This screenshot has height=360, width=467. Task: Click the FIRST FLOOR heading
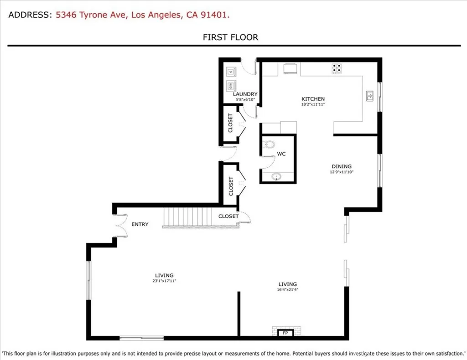(x=230, y=37)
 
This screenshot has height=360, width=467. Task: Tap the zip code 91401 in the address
(x=216, y=15)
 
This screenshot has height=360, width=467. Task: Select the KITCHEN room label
(x=313, y=99)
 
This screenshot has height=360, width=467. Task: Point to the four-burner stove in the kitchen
(x=337, y=69)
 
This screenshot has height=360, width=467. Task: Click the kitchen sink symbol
(x=370, y=96)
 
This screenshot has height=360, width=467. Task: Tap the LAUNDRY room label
(x=245, y=94)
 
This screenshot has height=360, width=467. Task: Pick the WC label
(x=281, y=154)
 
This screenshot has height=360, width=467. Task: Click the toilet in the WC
(x=269, y=145)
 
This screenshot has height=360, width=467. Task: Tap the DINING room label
(x=341, y=166)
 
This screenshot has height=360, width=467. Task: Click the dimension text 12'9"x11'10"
(x=341, y=172)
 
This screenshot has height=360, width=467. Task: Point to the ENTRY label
(x=140, y=224)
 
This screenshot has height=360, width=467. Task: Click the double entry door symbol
(x=121, y=225)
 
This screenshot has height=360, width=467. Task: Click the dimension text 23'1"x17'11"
(x=164, y=281)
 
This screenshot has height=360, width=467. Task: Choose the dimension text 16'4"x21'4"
(x=287, y=289)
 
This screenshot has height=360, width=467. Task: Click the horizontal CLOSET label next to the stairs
(x=228, y=216)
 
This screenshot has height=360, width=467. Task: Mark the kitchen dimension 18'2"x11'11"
(x=313, y=104)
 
